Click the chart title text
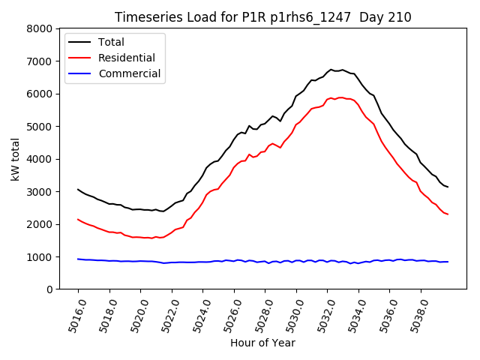pyautogui.click(x=262, y=17)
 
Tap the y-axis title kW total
pyautogui.click(x=16, y=159)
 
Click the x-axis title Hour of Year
pyautogui.click(x=262, y=343)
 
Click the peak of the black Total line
pyautogui.click(x=331, y=70)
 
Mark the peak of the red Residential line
pyautogui.click(x=340, y=97)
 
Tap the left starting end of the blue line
pyautogui.click(x=78, y=259)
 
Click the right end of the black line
pyautogui.click(x=448, y=187)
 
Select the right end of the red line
pyautogui.click(x=448, y=214)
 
